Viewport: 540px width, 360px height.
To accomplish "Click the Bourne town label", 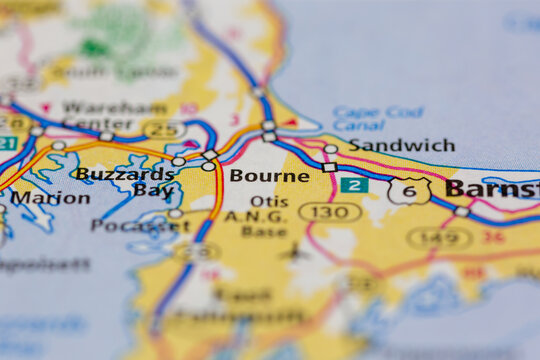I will tap(269, 176).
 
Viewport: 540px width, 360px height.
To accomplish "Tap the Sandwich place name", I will tap(401, 145).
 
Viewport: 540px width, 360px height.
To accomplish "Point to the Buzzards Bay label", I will tap(125, 181).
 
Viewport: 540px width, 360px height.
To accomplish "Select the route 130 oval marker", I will tap(330, 212).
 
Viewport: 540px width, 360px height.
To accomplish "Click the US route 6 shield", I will tap(410, 190).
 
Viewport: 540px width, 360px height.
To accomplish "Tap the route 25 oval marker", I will tap(164, 129).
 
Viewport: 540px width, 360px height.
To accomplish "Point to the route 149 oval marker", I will tap(439, 238).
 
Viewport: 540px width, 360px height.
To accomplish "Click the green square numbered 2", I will tap(352, 185).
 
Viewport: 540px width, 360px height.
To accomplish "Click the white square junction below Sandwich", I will tap(329, 167).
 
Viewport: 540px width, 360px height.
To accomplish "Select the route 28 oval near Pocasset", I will tap(196, 251).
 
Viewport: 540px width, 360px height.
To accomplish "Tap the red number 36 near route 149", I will tap(493, 237).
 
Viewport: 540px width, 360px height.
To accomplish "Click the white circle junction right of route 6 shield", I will tap(461, 211).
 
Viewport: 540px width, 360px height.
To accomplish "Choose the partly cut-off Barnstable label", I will tap(492, 188).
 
